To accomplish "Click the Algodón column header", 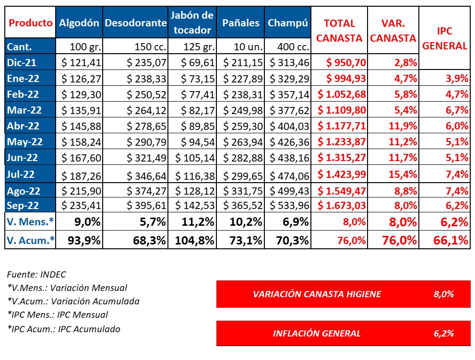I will click(x=79, y=23).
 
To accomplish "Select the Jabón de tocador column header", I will click(x=192, y=23).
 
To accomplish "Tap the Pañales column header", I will click(x=241, y=23).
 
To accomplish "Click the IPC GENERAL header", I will click(x=445, y=38).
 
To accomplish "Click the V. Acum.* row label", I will click(x=30, y=240).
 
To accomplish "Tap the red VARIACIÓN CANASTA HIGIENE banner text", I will click(x=317, y=294).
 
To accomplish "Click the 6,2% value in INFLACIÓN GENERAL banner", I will click(x=443, y=333).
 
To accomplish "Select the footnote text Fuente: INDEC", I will click(x=36, y=275).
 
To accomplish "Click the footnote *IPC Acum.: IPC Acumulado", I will click(x=63, y=329).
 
